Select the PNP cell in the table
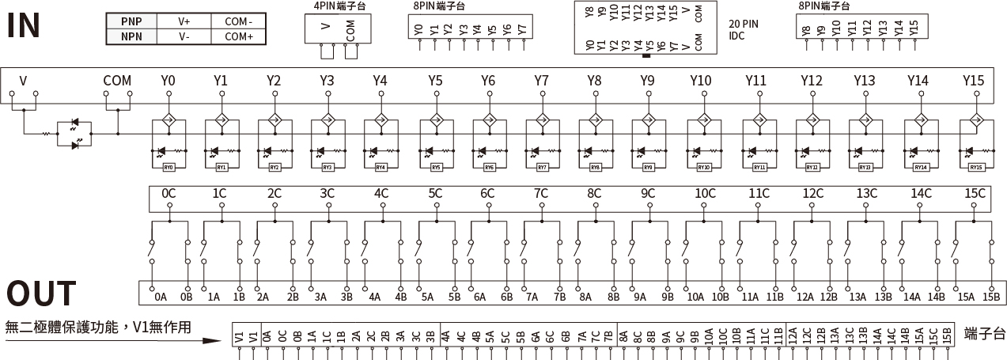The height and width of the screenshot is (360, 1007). click(131, 21)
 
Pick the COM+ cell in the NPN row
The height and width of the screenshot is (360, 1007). click(239, 36)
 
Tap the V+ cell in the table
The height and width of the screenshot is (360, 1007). click(184, 21)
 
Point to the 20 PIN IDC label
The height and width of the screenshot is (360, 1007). click(743, 29)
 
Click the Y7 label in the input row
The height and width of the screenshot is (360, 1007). click(541, 81)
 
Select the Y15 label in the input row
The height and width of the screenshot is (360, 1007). click(973, 81)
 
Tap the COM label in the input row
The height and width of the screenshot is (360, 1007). click(117, 81)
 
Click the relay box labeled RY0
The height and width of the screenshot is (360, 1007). click(168, 167)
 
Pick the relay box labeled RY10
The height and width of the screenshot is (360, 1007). click(703, 167)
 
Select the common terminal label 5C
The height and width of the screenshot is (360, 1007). click(435, 193)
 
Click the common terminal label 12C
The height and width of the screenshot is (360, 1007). click(812, 193)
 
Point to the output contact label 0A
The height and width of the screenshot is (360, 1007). click(161, 297)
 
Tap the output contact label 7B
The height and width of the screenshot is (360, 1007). click(560, 297)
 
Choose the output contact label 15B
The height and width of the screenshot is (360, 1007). click(991, 297)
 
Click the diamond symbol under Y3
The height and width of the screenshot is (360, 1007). click(327, 122)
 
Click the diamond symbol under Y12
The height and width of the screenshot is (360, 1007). click(812, 122)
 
